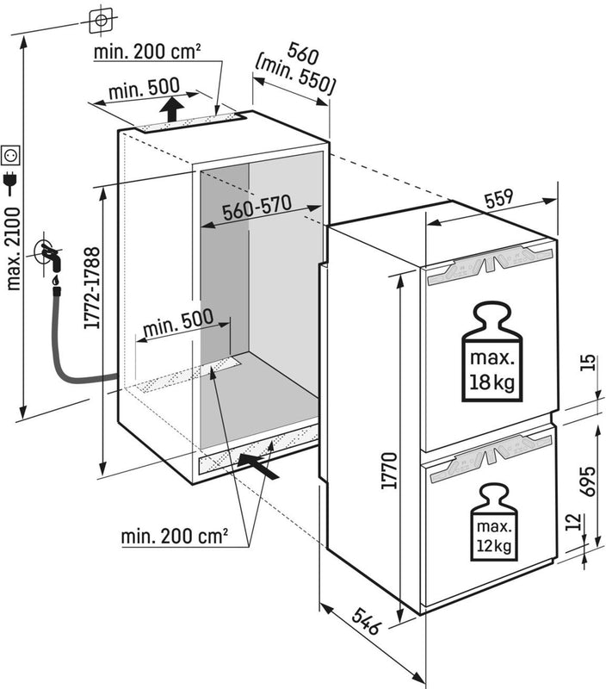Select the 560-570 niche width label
coord(257,207)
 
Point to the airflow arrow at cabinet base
coord(263,466)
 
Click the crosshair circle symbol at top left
coord(102,19)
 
